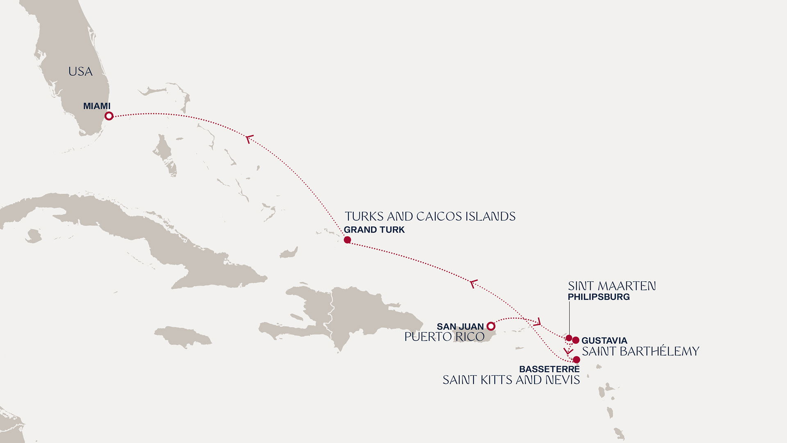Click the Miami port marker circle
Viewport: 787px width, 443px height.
click(109, 116)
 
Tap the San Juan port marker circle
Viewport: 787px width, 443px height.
click(491, 326)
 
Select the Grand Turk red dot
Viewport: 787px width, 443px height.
click(347, 240)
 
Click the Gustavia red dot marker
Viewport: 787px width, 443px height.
click(576, 340)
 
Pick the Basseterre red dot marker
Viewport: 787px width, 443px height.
click(576, 360)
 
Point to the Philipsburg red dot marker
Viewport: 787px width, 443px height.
click(569, 338)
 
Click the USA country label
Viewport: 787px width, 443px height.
click(80, 72)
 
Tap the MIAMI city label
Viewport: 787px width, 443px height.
click(97, 106)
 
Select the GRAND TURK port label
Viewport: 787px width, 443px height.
click(374, 230)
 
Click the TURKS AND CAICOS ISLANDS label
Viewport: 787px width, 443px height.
click(430, 217)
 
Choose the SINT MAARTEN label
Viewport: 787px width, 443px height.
click(612, 286)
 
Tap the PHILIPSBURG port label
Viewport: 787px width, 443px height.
click(598, 297)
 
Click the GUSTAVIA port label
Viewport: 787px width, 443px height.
click(604, 341)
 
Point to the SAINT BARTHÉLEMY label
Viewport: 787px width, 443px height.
click(640, 352)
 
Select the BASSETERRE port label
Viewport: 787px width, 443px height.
click(549, 369)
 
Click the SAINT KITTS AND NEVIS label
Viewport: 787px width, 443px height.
click(511, 380)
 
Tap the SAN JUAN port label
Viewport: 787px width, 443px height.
click(460, 327)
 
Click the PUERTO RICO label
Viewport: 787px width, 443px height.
click(444, 337)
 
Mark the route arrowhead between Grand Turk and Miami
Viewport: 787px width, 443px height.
click(249, 139)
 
